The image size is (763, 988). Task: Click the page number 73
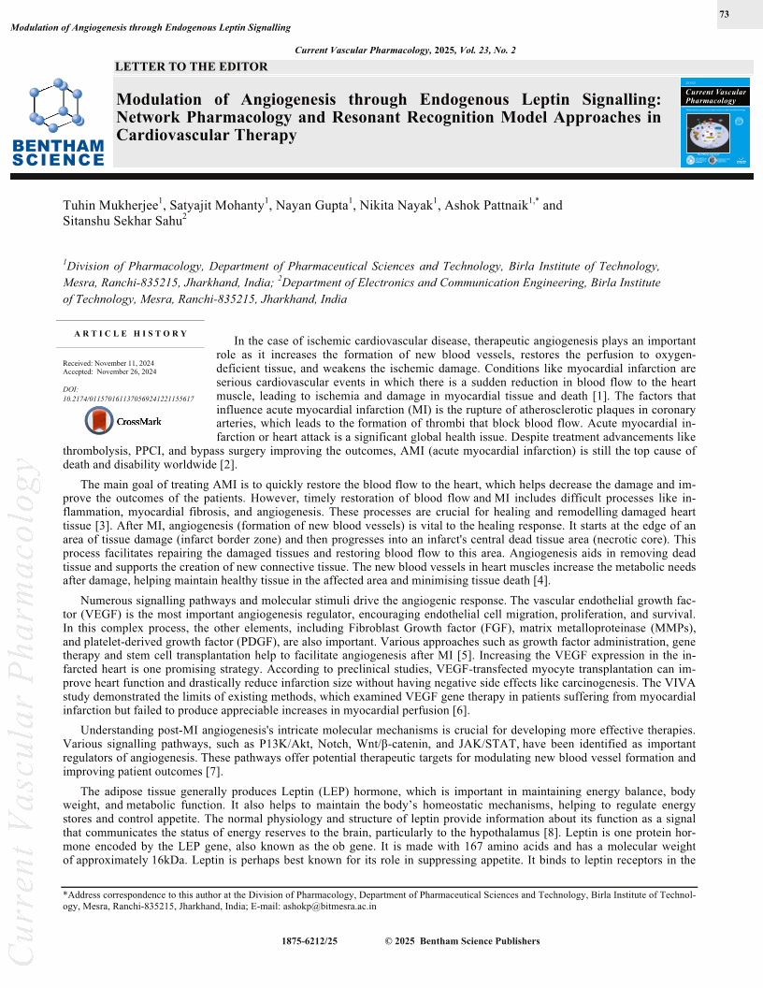coord(725,15)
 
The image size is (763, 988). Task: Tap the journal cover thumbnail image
coord(717,123)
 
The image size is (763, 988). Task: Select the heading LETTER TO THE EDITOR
coord(191,66)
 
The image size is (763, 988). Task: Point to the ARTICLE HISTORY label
coord(131,334)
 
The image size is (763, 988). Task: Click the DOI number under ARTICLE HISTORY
coord(127,399)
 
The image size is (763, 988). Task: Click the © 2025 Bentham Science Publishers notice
coord(462,941)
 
